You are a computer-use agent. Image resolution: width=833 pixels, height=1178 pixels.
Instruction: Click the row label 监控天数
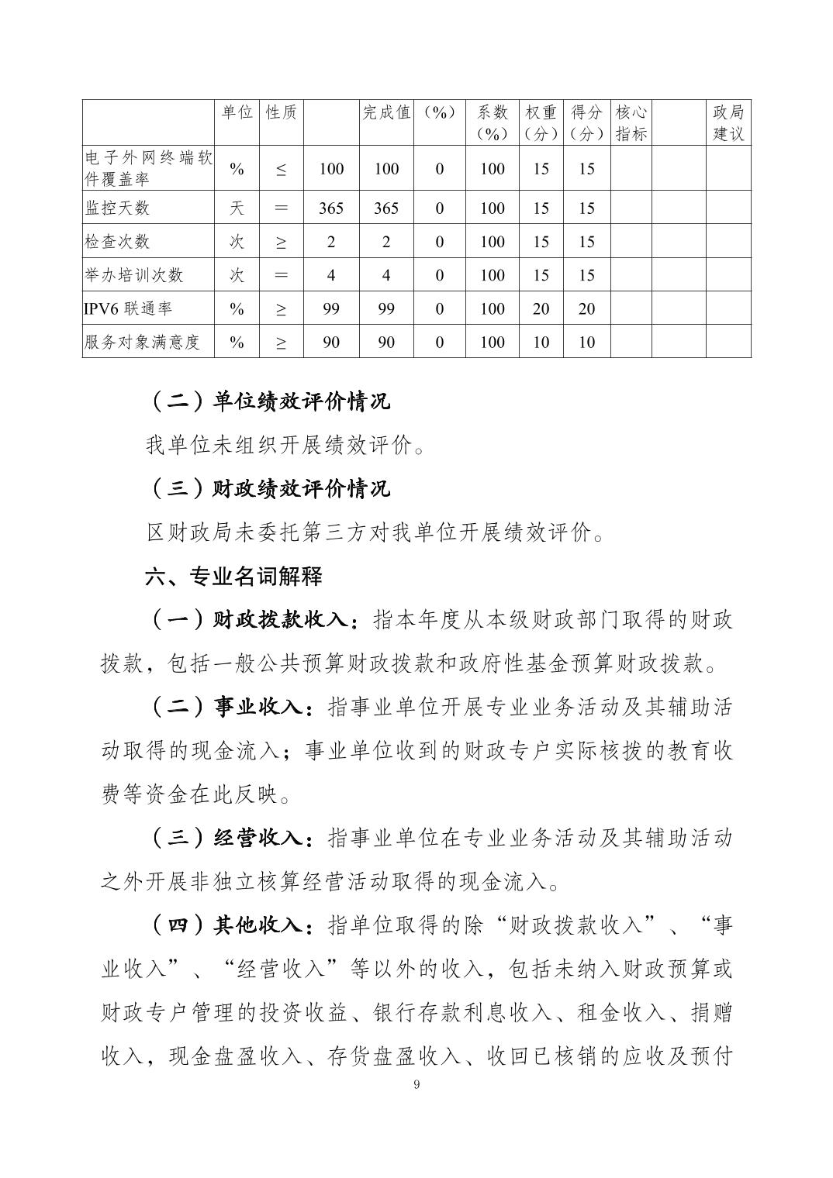(117, 208)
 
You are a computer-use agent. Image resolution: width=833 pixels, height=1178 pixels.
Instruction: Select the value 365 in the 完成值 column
(386, 208)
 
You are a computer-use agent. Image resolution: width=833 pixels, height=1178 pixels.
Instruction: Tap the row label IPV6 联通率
(128, 308)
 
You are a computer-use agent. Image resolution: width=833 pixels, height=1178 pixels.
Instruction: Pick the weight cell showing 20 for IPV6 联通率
(541, 308)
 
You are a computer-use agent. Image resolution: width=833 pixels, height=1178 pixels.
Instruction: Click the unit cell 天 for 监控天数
(237, 208)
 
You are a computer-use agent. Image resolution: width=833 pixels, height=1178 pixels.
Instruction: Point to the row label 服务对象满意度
(142, 342)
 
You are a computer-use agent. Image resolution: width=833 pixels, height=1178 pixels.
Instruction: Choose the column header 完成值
(386, 112)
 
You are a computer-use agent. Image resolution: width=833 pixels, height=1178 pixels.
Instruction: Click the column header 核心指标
(631, 122)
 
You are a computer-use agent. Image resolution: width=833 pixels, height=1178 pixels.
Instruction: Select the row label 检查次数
(117, 241)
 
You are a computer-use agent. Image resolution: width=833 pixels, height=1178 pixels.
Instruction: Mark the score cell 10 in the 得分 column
(586, 342)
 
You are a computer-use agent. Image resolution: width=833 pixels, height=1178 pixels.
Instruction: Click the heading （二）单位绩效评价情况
(268, 401)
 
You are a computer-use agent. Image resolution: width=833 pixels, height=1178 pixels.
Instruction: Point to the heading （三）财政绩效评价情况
(268, 488)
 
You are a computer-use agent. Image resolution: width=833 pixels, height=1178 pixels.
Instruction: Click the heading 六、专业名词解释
(233, 576)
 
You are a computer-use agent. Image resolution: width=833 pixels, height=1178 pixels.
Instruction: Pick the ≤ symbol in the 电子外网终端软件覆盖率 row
(281, 169)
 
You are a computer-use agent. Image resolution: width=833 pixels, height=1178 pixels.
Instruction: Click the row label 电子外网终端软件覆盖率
(147, 168)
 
